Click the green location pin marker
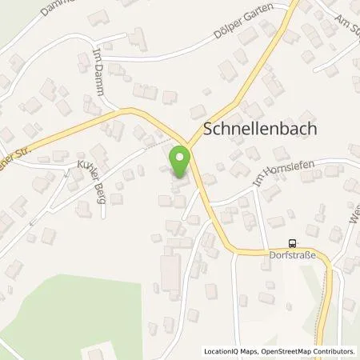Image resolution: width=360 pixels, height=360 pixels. [181, 160]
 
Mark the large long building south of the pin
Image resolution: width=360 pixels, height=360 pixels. [170, 270]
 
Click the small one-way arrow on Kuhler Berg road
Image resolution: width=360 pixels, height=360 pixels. [32, 222]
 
